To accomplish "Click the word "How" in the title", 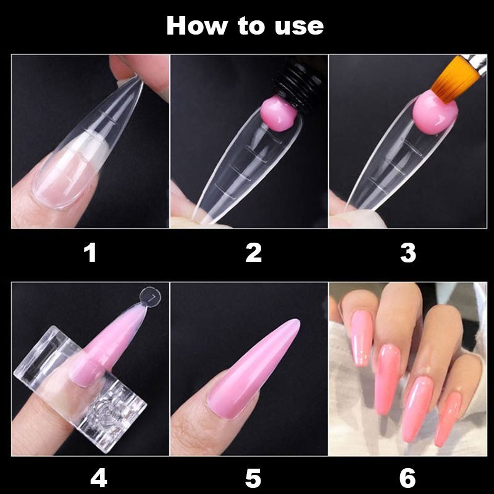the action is click(x=196, y=25).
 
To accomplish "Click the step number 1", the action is click(x=91, y=253).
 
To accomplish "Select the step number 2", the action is click(x=254, y=253).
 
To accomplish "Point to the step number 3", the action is click(x=408, y=253).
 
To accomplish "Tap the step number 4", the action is click(x=99, y=478).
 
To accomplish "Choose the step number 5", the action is click(x=253, y=478).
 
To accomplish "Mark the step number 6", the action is click(x=408, y=478).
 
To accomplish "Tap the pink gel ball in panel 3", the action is click(x=435, y=112).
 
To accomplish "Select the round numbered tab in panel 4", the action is click(x=150, y=297).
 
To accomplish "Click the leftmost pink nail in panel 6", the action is click(x=362, y=338).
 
